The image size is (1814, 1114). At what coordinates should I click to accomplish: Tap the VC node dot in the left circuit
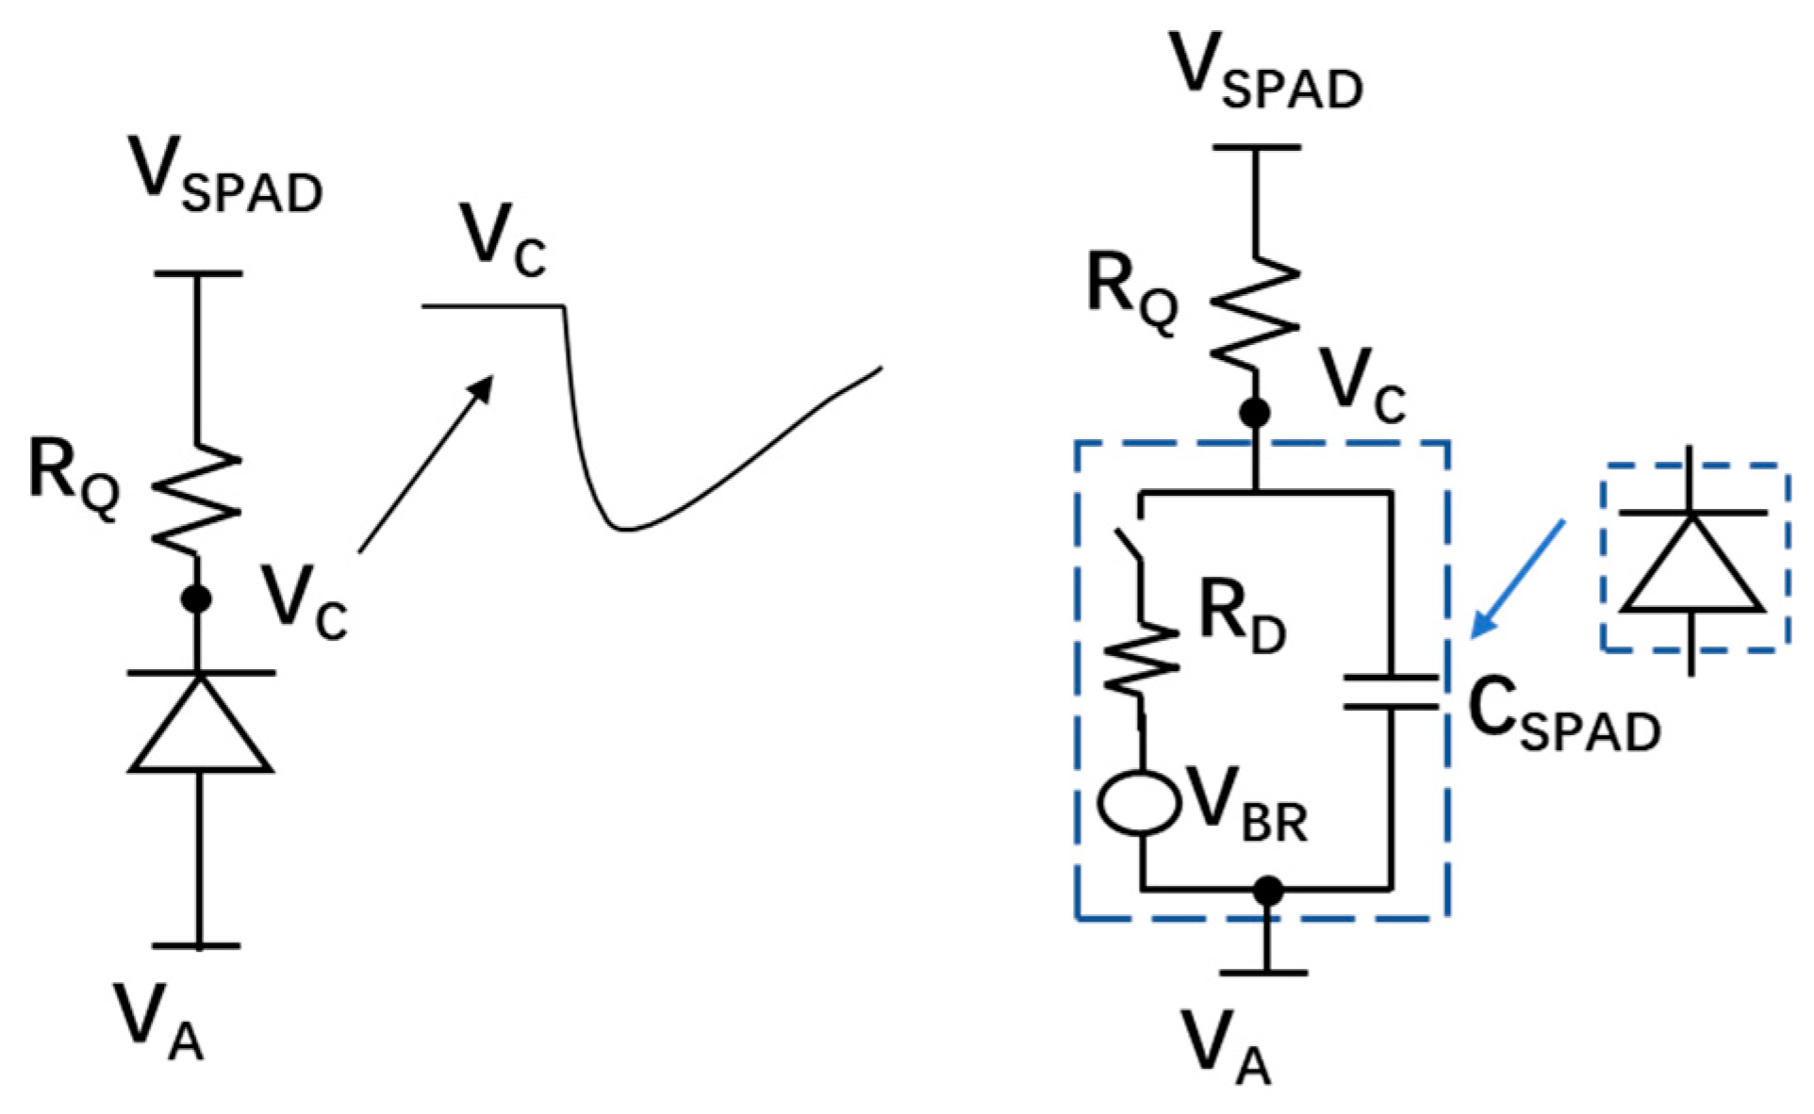tap(196, 598)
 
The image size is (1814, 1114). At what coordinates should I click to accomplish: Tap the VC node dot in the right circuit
tap(1255, 413)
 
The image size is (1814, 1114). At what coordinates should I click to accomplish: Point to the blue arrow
tap(1518, 577)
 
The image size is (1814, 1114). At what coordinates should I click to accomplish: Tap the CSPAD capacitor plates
tap(1391, 691)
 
